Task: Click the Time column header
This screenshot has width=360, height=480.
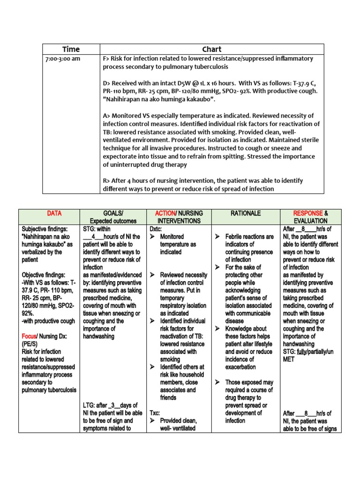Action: (x=71, y=49)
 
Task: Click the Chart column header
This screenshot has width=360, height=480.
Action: (x=211, y=49)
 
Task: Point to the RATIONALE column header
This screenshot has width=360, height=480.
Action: (x=245, y=214)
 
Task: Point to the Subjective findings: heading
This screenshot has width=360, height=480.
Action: (x=45, y=229)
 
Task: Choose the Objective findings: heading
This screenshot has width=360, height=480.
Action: (x=44, y=275)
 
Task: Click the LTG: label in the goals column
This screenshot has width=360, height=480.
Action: (x=90, y=405)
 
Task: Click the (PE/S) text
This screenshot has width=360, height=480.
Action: (x=31, y=344)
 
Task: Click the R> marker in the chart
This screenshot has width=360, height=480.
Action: (x=106, y=181)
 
